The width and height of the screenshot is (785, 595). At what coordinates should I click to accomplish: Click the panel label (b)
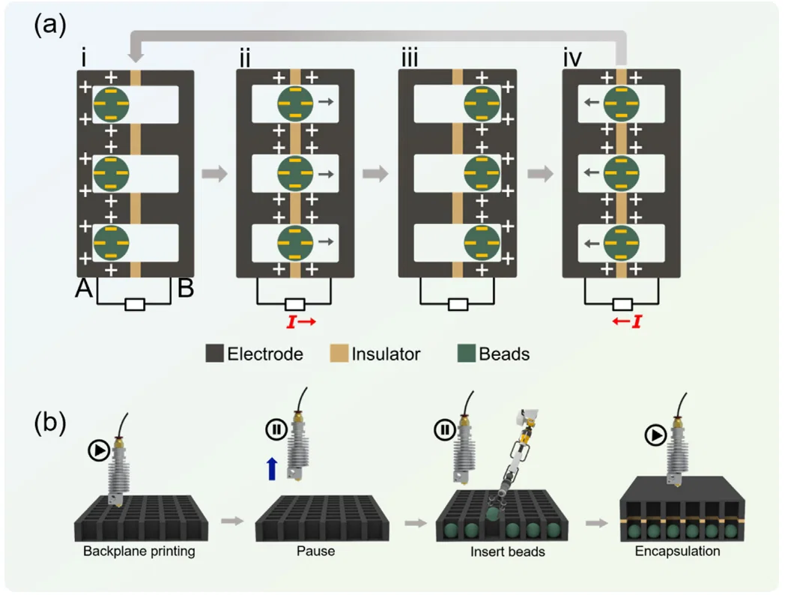[x=50, y=423]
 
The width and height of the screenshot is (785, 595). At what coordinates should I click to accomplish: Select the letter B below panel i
[x=187, y=289]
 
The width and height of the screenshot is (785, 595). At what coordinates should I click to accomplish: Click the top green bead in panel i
[x=112, y=103]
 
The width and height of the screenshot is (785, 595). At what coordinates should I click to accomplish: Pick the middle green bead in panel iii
[x=482, y=174]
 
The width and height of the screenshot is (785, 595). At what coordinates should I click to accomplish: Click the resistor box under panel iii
[x=457, y=304]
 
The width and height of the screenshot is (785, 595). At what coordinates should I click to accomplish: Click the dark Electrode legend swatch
[x=214, y=354]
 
